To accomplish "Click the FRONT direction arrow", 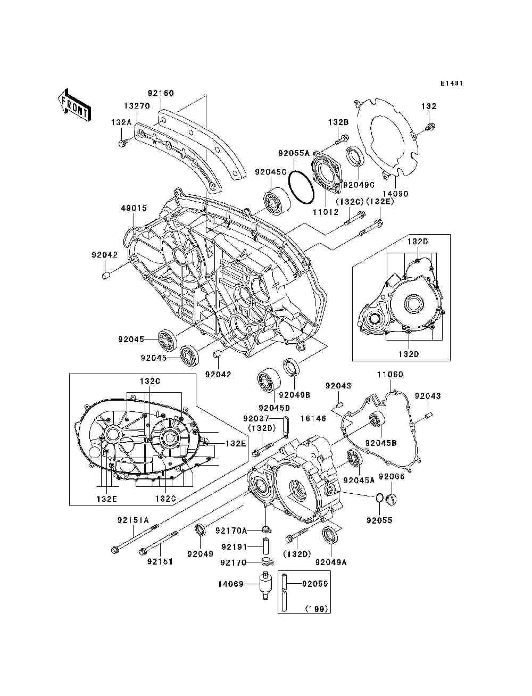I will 74,104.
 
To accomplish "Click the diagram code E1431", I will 451,84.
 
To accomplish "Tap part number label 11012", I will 325,212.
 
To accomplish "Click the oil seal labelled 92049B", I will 290,367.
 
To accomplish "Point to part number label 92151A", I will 133,520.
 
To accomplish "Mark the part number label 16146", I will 313,419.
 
